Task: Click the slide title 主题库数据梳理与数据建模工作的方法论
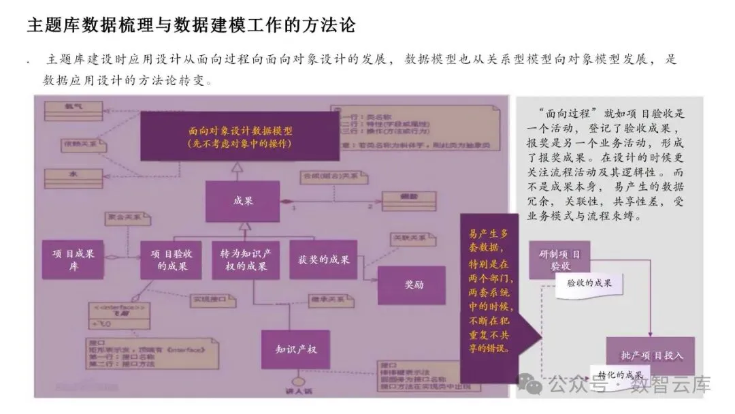tap(191, 25)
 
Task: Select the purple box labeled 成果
tap(233, 202)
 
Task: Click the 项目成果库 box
tap(73, 259)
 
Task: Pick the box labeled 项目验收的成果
tap(171, 259)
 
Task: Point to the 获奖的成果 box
tap(323, 259)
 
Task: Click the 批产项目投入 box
tap(651, 355)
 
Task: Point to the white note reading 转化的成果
tap(621, 375)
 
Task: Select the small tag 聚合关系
tap(129, 217)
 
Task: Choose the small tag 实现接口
tap(209, 298)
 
